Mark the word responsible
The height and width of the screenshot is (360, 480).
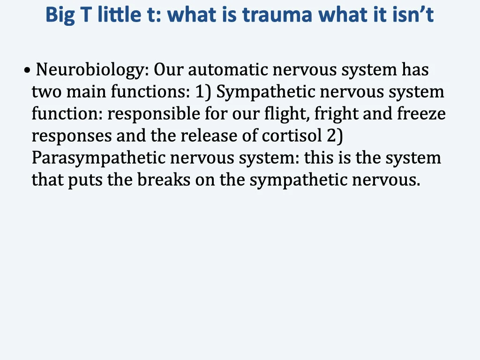point(152,114)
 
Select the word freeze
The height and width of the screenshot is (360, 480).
point(421,114)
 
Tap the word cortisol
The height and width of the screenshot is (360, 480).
point(292,136)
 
